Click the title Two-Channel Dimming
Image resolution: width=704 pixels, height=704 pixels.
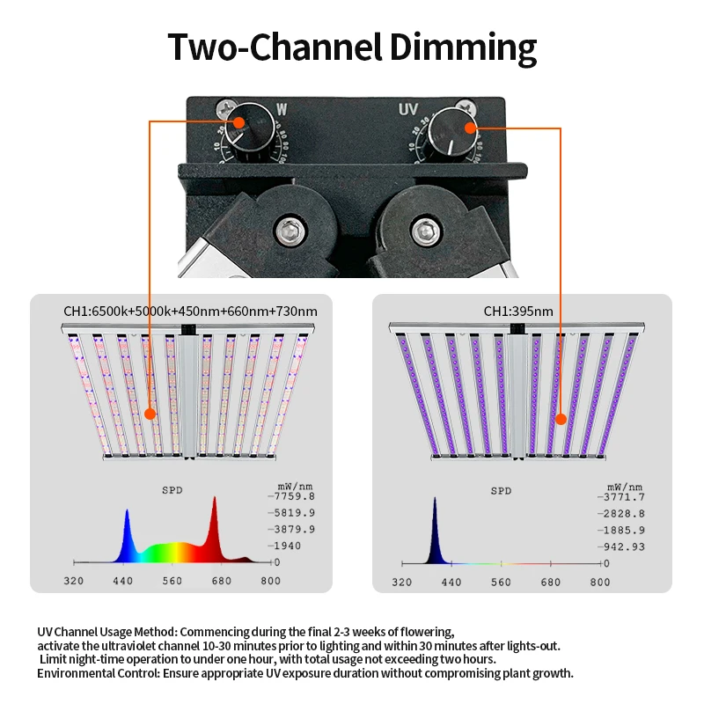pyautogui.click(x=352, y=46)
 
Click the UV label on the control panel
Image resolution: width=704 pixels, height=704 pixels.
pyautogui.click(x=407, y=110)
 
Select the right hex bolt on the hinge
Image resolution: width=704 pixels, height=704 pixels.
pyautogui.click(x=427, y=231)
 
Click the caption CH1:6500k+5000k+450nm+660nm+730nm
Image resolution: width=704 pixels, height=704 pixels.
pyautogui.click(x=190, y=311)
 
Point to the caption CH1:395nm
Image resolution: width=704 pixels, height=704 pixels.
pyautogui.click(x=518, y=311)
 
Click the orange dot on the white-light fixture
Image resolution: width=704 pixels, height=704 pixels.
pyautogui.click(x=150, y=413)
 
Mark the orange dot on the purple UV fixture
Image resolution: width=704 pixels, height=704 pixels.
pyautogui.click(x=560, y=419)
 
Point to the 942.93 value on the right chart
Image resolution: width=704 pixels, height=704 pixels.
pyautogui.click(x=623, y=546)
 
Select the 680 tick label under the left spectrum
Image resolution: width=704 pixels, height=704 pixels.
pyautogui.click(x=221, y=581)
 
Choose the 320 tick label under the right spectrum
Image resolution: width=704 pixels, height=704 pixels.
pyautogui.click(x=401, y=582)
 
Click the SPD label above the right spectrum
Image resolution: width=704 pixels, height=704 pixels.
pyautogui.click(x=501, y=491)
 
